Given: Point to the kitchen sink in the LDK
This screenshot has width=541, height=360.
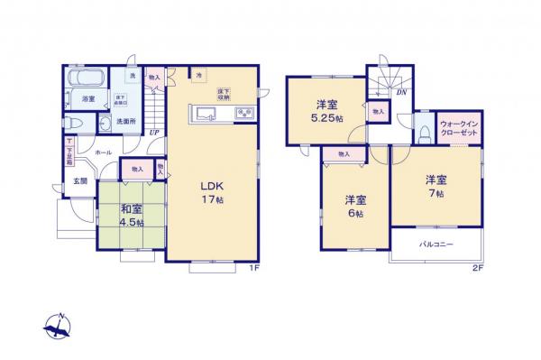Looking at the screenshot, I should point(203,114).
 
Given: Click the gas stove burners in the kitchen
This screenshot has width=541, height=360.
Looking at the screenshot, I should point(243,113).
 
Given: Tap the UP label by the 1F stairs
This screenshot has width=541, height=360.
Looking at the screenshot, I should point(154,132).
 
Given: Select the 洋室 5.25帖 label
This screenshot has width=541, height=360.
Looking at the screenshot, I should point(326,111).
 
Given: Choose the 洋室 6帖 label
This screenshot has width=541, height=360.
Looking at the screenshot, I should point(354,207).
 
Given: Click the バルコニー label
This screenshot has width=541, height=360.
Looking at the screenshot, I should point(435,245).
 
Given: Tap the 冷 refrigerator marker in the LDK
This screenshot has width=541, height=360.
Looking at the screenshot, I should point(198,74).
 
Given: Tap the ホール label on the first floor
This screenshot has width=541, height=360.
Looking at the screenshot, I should point(102,153).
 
